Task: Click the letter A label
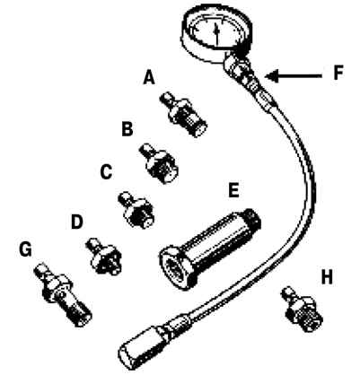click(x=149, y=78)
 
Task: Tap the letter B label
click(x=127, y=129)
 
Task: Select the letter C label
click(x=106, y=172)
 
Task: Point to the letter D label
click(x=76, y=222)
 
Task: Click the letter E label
click(x=233, y=190)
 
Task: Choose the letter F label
click(x=338, y=73)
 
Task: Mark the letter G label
click(x=25, y=249)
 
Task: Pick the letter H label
click(x=327, y=277)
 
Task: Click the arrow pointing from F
click(x=294, y=76)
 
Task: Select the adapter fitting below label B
click(x=160, y=163)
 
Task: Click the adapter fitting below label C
click(x=136, y=210)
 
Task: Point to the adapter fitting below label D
click(x=104, y=256)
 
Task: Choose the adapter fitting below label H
click(x=302, y=308)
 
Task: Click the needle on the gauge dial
click(x=217, y=33)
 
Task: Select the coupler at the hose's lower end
click(x=141, y=349)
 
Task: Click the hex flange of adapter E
click(x=177, y=267)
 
